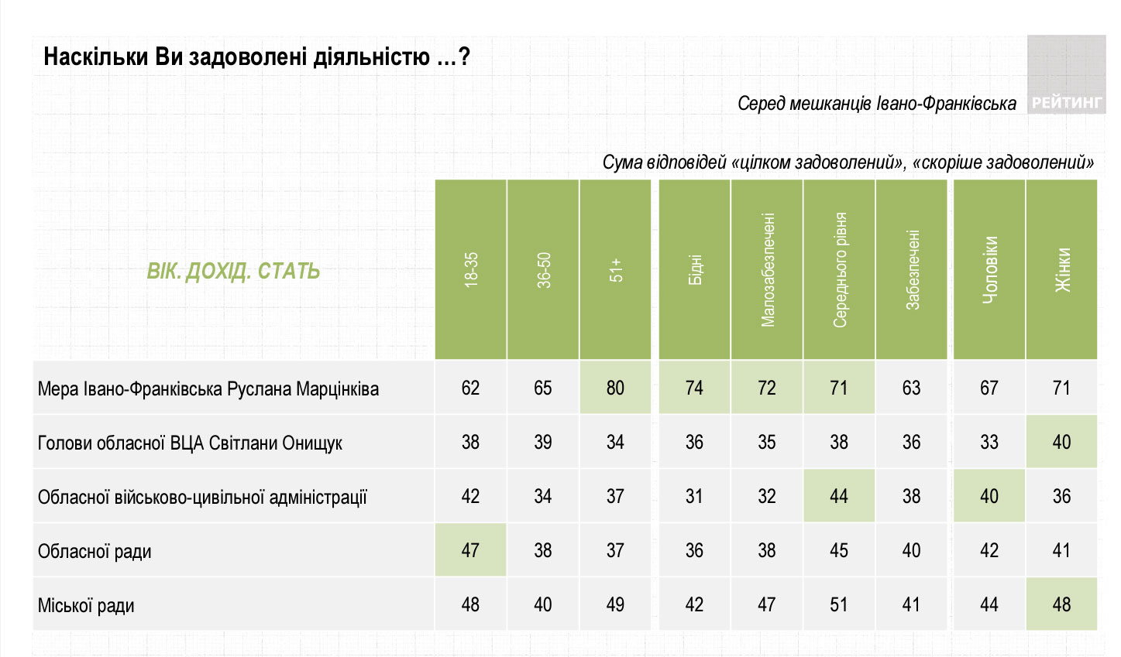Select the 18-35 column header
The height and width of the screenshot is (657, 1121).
pos(471,270)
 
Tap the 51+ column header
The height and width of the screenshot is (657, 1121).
pos(616,270)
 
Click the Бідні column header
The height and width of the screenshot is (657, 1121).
pos(695,270)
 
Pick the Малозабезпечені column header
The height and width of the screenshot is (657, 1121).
pos(767,270)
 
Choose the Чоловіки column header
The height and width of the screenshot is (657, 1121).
pos(989,270)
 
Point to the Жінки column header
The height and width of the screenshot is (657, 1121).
pos(1062,270)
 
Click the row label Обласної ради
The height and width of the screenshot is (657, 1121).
pos(95,552)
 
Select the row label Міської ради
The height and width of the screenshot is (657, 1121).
pos(86,606)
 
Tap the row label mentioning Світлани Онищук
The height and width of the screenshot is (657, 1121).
pos(190,443)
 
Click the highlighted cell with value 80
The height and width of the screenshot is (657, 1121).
pos(616,388)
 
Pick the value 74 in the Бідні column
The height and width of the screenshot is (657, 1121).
pos(695,388)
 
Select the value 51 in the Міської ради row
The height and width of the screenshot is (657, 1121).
pos(839,604)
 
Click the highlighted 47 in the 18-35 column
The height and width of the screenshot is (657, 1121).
pos(471,550)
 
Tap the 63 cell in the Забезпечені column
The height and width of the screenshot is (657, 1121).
pos(911,388)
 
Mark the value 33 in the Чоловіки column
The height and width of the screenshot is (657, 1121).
pos(989,442)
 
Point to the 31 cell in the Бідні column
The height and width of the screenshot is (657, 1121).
pos(695,496)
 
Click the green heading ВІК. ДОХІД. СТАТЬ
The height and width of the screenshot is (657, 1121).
pos(233,272)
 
